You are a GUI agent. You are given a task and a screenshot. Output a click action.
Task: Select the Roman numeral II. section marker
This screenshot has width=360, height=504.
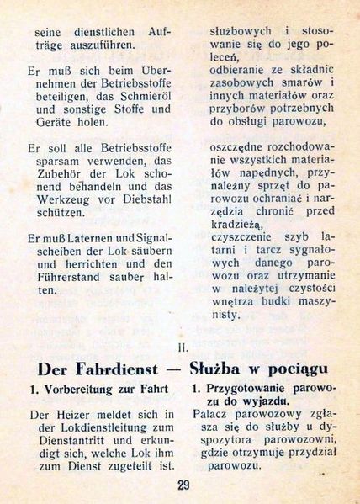(x=183, y=344)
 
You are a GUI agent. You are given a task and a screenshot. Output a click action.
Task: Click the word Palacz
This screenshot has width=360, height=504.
(x=213, y=415)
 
